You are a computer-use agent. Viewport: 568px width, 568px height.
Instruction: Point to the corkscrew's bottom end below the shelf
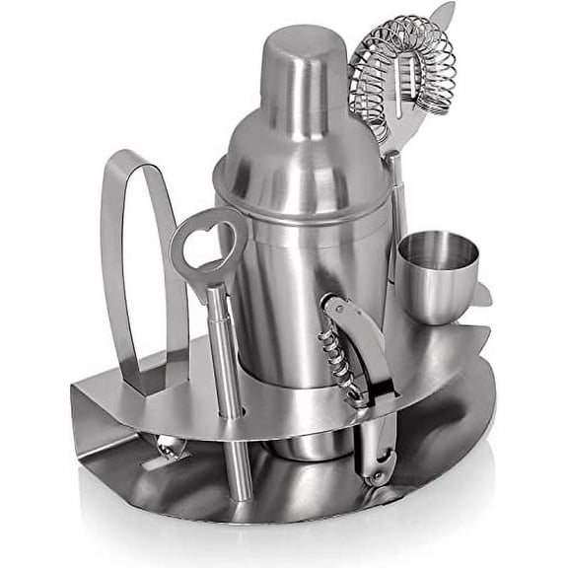coord(376,463)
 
